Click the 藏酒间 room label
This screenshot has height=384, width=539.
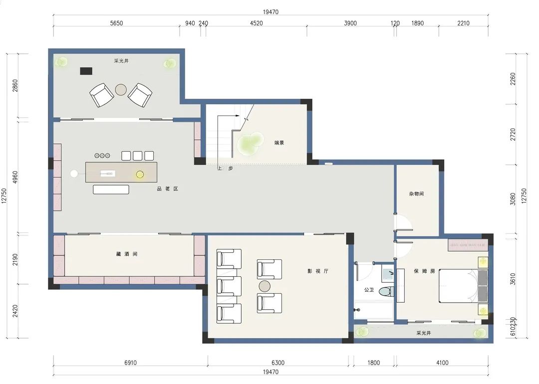[127, 254]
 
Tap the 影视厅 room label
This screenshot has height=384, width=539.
[317, 271]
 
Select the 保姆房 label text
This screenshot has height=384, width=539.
[424, 271]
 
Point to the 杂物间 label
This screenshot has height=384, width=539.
[416, 193]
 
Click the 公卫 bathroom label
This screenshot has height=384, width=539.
[369, 290]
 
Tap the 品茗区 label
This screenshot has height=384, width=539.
[167, 189]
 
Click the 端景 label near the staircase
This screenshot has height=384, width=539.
[279, 143]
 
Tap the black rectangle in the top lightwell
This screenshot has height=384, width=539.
[86, 71]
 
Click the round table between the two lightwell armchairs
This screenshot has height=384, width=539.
[121, 90]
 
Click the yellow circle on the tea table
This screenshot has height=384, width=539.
[140, 175]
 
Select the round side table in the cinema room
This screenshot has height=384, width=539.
[265, 286]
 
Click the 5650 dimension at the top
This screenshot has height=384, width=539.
[116, 23]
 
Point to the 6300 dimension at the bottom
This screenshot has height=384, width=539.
[278, 363]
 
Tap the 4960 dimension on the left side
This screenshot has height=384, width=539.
[15, 177]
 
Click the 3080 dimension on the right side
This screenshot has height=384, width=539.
[513, 199]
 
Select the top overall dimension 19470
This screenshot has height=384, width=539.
[271, 12]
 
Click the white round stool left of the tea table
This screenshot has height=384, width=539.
[74, 174]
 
